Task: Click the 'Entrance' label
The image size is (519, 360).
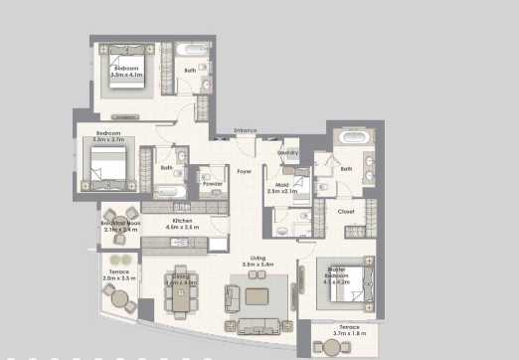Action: click(245, 131)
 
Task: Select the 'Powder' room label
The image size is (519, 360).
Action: click(212, 184)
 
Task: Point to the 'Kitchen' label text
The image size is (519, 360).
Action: click(181, 220)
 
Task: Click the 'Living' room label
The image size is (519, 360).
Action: click(258, 260)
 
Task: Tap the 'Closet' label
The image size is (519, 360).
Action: click(346, 211)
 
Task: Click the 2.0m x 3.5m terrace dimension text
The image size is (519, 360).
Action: click(118, 278)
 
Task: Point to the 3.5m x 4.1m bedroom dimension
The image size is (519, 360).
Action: click(126, 74)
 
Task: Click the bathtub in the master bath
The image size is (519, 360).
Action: click(353, 139)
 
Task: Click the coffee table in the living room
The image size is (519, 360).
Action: click(257, 296)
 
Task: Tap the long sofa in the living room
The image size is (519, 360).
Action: click(258, 326)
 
